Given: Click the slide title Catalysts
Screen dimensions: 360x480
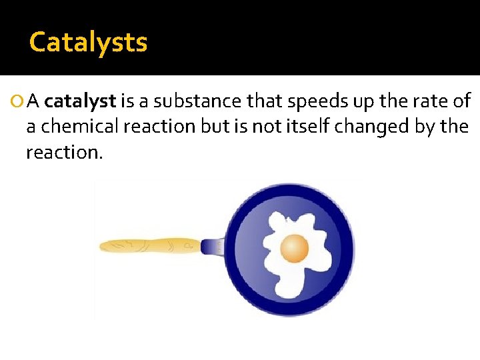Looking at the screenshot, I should click(x=88, y=43).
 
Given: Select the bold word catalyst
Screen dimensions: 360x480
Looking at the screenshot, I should click(x=80, y=101).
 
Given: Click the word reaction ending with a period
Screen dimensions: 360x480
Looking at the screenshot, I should click(x=65, y=152).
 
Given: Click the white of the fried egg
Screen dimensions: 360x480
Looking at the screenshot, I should click(x=280, y=280).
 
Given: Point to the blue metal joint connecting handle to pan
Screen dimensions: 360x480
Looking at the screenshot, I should click(x=212, y=247).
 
